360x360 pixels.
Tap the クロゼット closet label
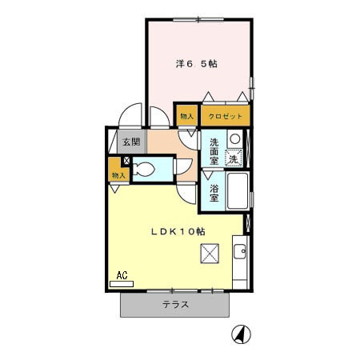(226, 116)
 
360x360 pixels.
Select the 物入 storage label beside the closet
(186, 116)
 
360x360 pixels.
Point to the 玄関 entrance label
(131, 142)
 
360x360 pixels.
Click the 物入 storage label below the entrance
(118, 174)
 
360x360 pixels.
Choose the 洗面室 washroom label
(214, 151)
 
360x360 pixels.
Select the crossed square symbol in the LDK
(210, 254)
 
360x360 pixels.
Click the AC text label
(122, 274)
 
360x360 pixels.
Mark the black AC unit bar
(122, 282)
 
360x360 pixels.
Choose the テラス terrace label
(175, 304)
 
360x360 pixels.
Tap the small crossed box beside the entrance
(126, 160)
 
